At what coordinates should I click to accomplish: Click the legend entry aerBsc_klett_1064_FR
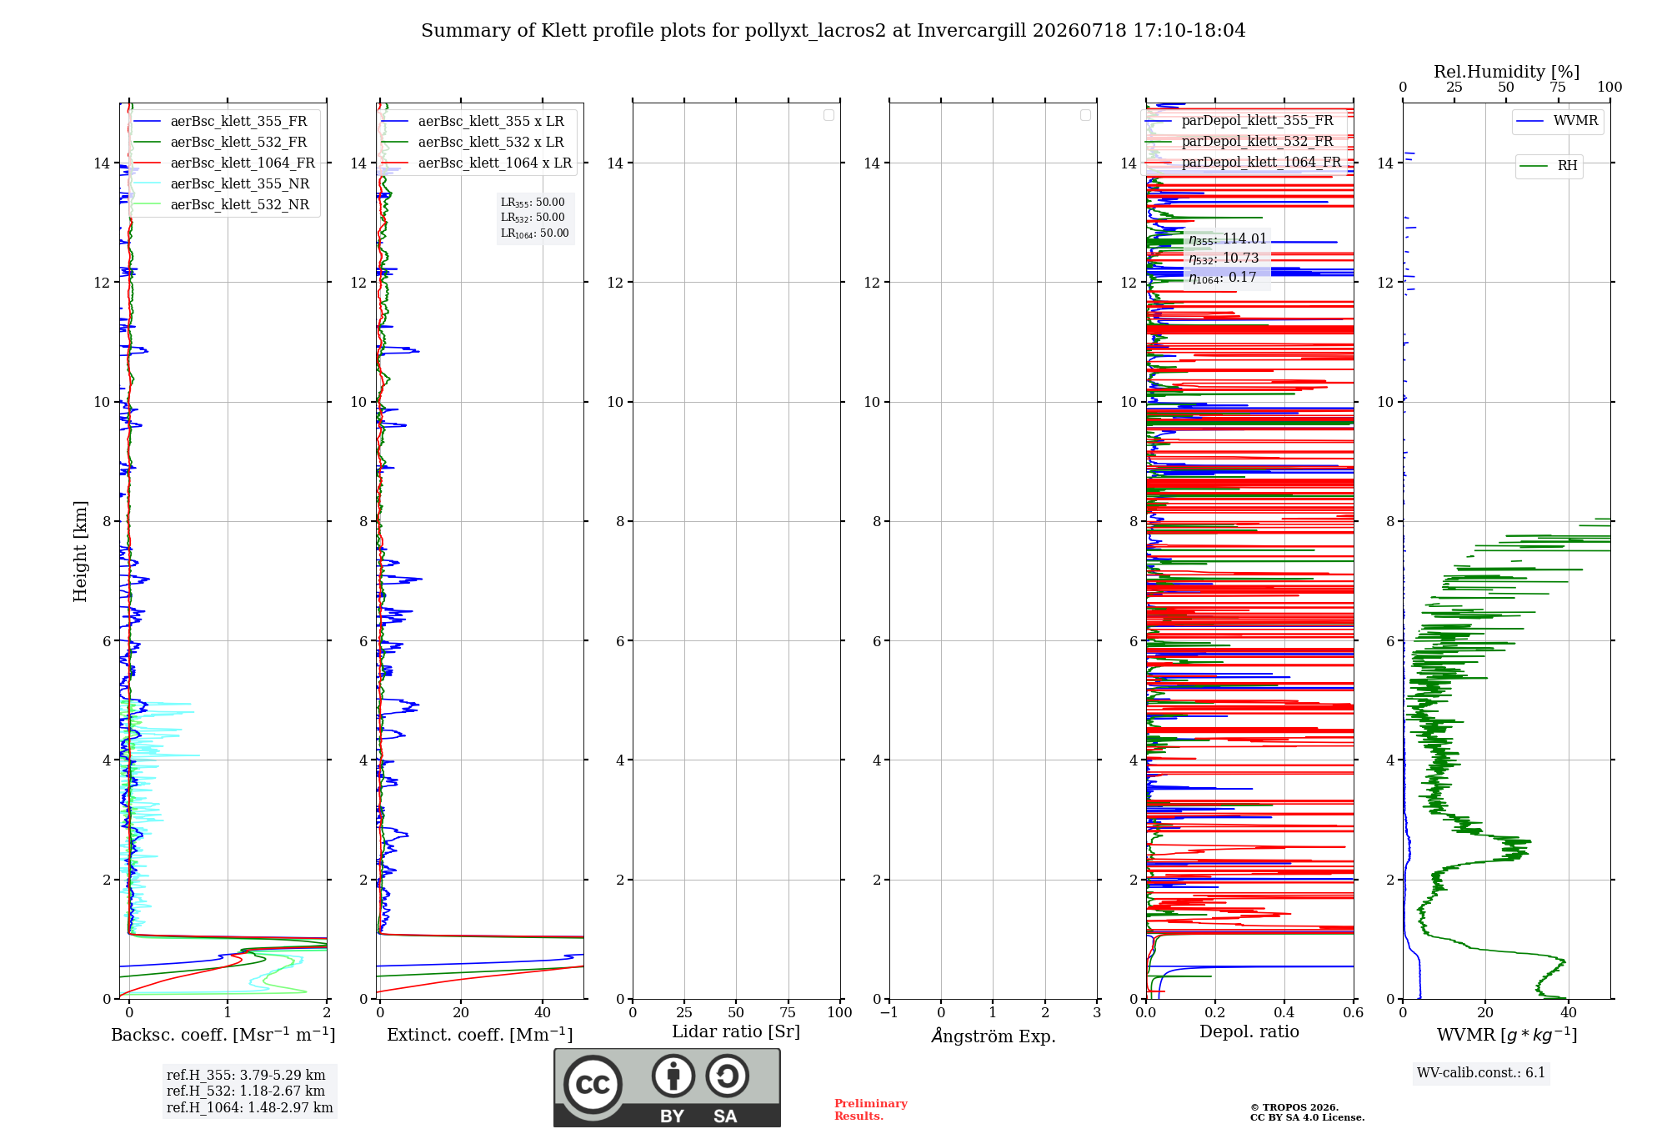click(223, 163)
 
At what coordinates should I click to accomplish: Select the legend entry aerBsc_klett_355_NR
click(221, 184)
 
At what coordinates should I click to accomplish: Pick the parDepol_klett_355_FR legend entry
click(1239, 121)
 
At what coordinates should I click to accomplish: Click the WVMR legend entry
click(1557, 121)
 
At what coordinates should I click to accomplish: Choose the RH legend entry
click(1549, 166)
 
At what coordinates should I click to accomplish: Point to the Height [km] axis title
click(80, 551)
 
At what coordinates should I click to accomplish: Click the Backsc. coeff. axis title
click(223, 1035)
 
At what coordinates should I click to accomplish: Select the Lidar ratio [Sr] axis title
click(736, 1032)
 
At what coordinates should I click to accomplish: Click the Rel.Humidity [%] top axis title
click(1506, 72)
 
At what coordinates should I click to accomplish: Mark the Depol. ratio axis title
click(1249, 1031)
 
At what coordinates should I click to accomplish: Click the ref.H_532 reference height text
click(246, 1091)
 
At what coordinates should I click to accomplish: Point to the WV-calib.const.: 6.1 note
click(1481, 1073)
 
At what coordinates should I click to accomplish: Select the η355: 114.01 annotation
click(1228, 239)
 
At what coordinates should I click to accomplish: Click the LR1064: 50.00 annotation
click(534, 233)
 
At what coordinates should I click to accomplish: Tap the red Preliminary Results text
click(871, 1110)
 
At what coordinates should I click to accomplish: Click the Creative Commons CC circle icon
click(593, 1084)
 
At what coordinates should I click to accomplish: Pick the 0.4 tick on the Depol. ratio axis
click(1284, 1012)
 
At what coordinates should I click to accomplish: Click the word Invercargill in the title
click(972, 31)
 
